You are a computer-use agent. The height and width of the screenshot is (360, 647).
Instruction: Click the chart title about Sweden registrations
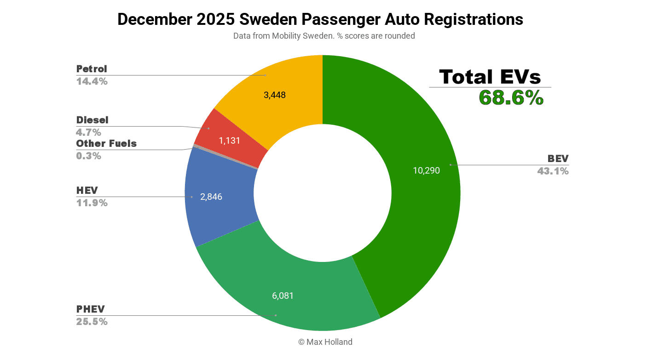click(x=320, y=19)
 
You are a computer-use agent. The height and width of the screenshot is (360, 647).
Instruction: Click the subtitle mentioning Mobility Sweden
click(x=323, y=36)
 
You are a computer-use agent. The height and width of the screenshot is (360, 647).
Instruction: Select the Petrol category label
click(x=92, y=69)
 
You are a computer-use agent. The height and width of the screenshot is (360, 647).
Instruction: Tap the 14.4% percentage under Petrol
click(x=92, y=81)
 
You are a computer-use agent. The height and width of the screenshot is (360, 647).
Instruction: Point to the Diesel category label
click(x=92, y=120)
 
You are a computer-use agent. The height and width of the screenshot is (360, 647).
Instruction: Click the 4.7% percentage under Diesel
click(x=88, y=133)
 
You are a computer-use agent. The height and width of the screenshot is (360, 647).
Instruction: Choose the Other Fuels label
click(x=106, y=144)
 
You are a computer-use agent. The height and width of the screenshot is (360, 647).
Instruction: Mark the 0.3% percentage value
click(x=88, y=156)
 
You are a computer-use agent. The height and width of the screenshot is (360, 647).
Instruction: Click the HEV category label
click(x=87, y=191)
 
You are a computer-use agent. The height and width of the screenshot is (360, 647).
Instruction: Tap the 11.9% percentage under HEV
click(x=92, y=203)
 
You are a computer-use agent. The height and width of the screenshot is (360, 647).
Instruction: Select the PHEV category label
click(x=90, y=309)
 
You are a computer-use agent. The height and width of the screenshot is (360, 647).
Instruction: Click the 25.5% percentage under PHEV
click(x=92, y=322)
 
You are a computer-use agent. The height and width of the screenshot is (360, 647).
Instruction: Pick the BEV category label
click(x=558, y=159)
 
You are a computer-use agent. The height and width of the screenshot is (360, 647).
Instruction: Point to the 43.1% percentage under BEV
click(x=553, y=171)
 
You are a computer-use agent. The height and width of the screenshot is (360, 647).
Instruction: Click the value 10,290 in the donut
click(x=426, y=171)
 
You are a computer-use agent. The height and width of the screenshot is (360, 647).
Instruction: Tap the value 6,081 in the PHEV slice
click(x=283, y=296)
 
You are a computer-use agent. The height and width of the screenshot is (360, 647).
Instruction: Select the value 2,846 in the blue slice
click(x=211, y=197)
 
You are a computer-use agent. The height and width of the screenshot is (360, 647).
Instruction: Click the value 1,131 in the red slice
click(x=229, y=141)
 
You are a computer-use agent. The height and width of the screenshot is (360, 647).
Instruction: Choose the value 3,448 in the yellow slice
click(x=274, y=95)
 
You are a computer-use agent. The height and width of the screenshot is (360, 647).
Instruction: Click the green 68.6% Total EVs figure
click(x=511, y=98)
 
